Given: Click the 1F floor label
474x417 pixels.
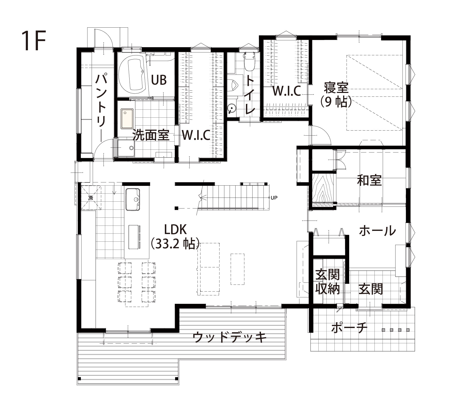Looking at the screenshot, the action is click(34, 41).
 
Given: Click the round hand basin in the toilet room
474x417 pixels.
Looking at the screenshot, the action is click(231, 108).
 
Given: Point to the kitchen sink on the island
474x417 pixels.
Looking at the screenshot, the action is click(133, 199).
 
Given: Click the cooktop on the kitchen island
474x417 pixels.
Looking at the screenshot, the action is click(135, 237).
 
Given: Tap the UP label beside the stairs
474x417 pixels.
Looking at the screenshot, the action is click(274, 198).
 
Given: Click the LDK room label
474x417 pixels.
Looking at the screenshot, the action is click(175, 230).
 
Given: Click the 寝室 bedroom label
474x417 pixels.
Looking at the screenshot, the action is click(336, 88).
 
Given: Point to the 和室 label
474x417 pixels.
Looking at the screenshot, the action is click(369, 181).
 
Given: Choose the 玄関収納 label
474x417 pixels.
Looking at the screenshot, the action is click(328, 282).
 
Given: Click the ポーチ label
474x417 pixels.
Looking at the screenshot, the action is click(349, 328).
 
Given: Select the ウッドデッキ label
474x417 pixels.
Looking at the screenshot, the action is click(230, 337).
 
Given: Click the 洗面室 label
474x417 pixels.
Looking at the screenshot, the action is click(151, 135).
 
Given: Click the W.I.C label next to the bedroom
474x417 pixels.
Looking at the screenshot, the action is click(287, 91).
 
